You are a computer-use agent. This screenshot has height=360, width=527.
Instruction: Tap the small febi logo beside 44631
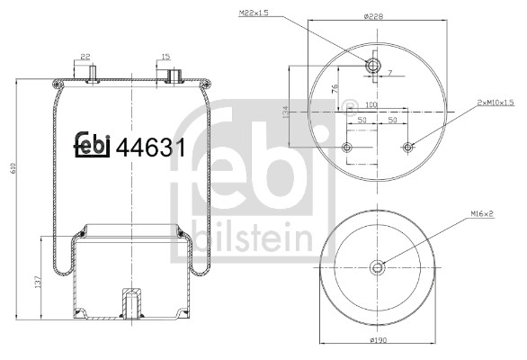[91, 144]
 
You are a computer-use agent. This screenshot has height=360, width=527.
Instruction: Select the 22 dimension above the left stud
[86, 57]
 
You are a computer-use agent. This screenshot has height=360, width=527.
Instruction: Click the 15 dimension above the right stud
[165, 57]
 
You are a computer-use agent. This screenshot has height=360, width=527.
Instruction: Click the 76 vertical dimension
[335, 90]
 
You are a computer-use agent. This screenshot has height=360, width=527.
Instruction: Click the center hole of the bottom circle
[378, 265]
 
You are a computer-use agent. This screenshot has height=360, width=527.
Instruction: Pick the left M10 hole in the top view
[347, 147]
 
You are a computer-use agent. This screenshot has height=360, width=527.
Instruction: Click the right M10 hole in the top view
[408, 147]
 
